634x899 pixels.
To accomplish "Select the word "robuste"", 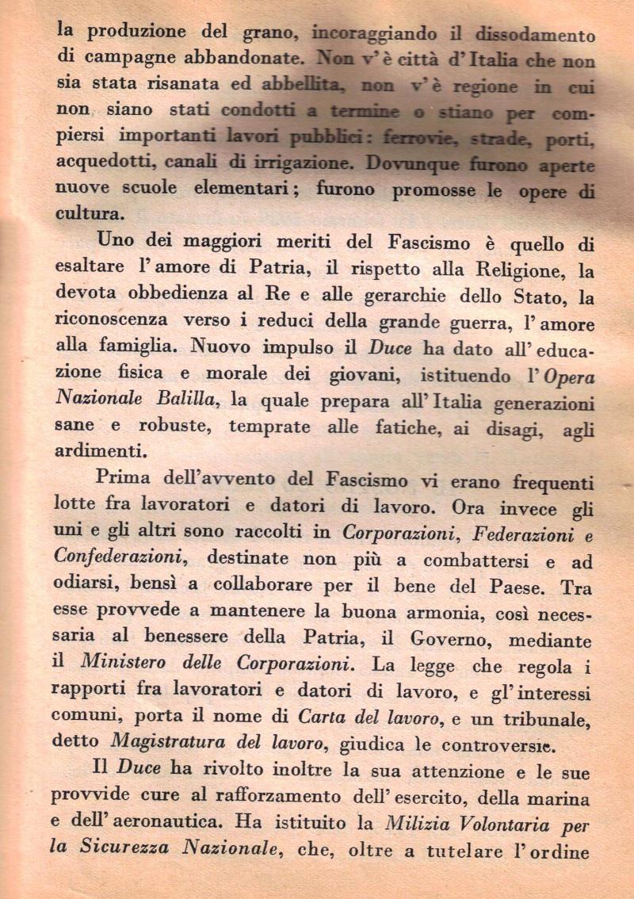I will [x=178, y=427].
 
